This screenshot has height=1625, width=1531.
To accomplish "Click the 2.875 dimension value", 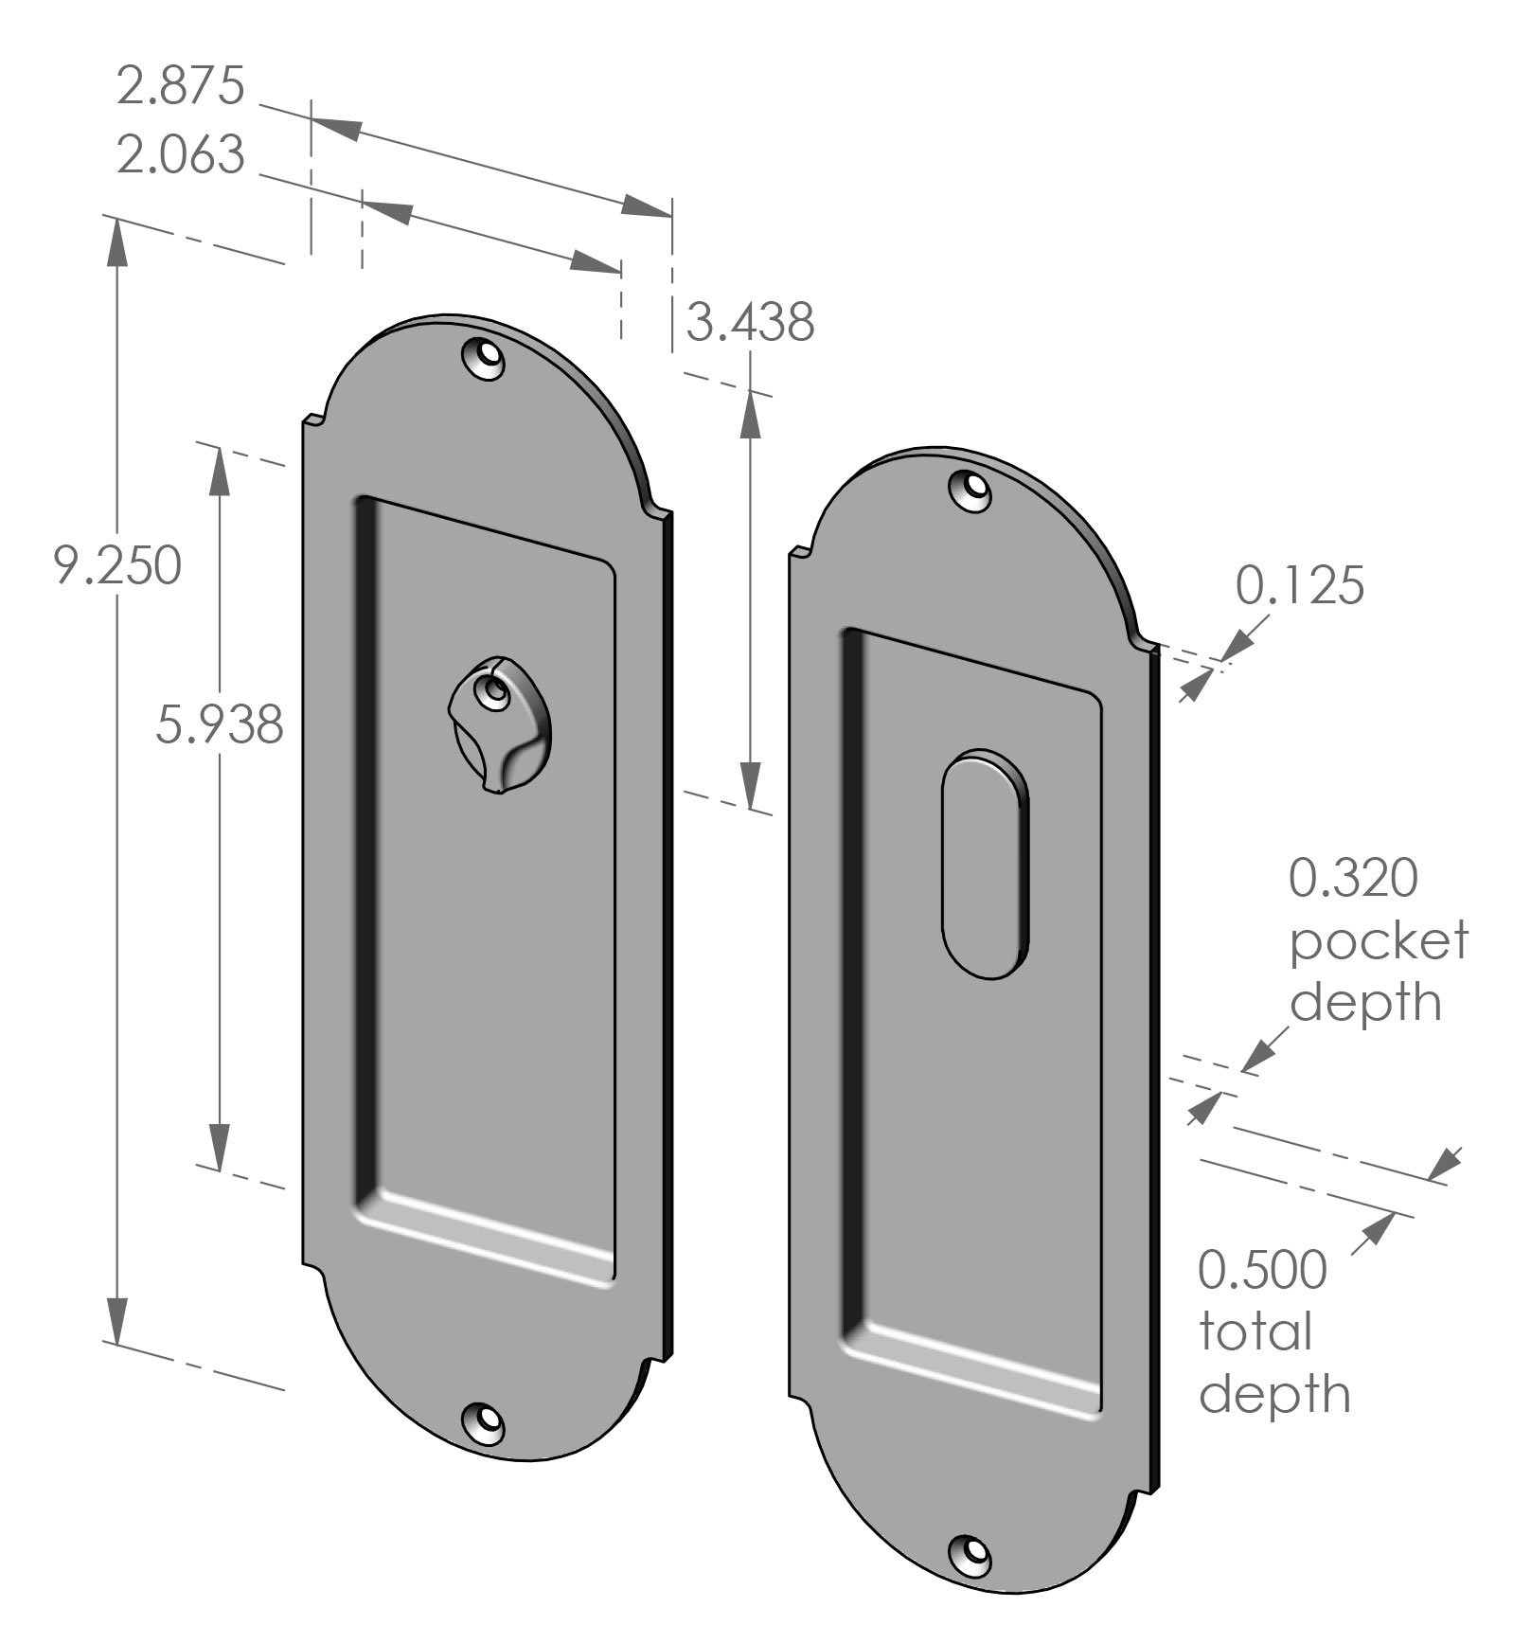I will click(x=181, y=85).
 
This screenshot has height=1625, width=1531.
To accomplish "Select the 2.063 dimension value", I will click(x=181, y=155).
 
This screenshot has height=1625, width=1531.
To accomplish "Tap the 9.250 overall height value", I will click(x=116, y=567).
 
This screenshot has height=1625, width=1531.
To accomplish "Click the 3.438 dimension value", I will click(x=750, y=322).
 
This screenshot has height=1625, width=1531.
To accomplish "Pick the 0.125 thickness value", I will click(x=1299, y=585).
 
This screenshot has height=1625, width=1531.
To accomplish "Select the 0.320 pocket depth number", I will click(x=1353, y=878).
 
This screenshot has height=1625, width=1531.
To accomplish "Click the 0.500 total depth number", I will click(x=1262, y=1270).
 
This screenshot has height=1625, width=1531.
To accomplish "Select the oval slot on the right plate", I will click(x=984, y=864).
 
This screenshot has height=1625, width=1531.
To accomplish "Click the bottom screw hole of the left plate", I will click(x=483, y=1420).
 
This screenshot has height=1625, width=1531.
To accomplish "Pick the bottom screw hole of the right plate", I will click(x=970, y=1551).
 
